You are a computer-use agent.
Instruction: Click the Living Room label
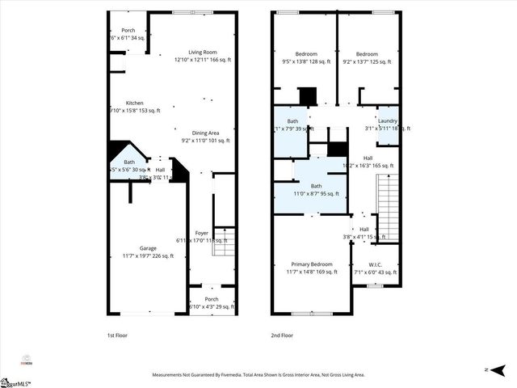point(204,55)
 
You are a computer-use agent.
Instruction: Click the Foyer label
point(202,236)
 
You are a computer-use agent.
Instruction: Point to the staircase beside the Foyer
point(224,242)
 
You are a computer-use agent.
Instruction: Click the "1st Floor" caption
point(117,335)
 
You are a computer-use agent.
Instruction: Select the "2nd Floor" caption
point(282,335)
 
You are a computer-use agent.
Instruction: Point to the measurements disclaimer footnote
point(258,375)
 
